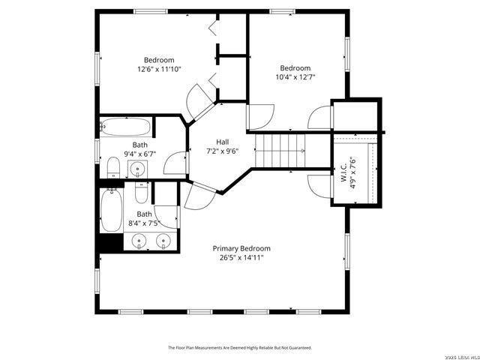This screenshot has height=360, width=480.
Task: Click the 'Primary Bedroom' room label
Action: [241, 248]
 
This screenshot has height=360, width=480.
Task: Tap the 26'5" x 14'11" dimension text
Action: [241, 257]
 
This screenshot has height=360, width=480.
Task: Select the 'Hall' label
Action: [223, 141]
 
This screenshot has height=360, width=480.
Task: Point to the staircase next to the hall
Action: [280, 150]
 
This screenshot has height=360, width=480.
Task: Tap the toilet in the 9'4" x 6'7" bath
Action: [113, 167]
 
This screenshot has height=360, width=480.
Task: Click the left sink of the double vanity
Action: [139, 241]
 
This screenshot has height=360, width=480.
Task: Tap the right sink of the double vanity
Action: [163, 241]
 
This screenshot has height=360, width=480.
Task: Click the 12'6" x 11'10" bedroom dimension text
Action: [159, 69]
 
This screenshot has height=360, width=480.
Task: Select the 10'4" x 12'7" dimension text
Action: [295, 76]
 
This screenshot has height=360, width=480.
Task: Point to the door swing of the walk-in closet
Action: [318, 186]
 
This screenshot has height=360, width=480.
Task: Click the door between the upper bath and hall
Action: [175, 164]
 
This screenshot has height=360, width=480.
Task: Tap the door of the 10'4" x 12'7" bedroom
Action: [259, 115]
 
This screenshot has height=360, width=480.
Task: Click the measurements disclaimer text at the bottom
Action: [239, 348]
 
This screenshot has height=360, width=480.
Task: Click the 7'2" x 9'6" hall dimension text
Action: [223, 150]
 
